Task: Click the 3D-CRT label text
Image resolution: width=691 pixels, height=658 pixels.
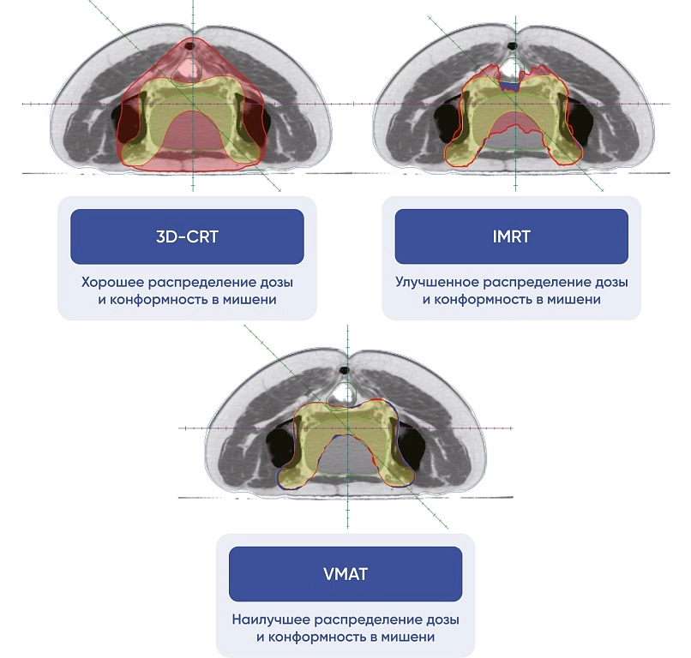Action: [187, 236]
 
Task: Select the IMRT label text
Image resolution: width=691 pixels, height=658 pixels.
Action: [511, 236]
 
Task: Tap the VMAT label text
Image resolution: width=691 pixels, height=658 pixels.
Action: [345, 573]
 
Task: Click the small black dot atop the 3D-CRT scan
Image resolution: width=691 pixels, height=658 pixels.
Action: [194, 39]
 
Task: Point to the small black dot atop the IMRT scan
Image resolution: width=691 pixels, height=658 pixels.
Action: [513, 45]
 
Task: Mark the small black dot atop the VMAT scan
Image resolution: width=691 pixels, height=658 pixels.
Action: [345, 370]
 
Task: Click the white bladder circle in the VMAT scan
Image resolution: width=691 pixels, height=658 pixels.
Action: [345, 394]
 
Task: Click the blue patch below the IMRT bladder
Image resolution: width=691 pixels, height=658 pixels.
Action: [511, 86]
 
